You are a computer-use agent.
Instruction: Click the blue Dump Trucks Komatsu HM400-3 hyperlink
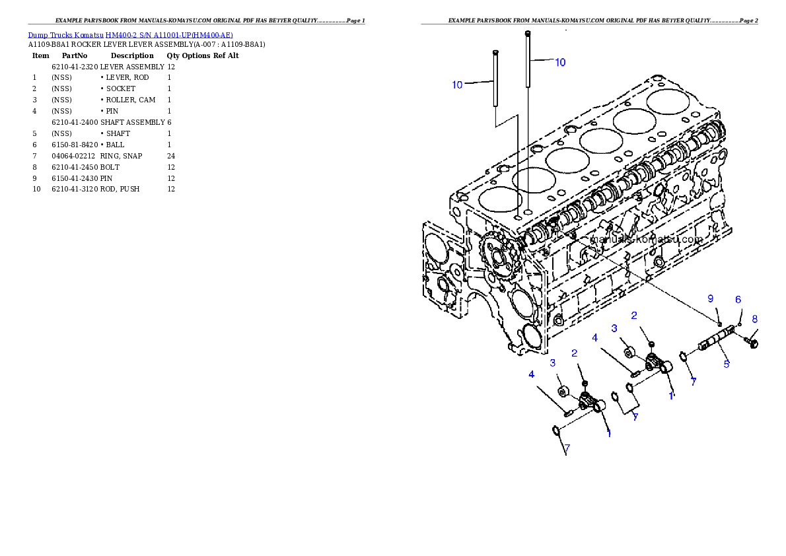[130, 35]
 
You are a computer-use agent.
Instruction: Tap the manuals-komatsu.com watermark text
[647, 240]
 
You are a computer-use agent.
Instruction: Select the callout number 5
[726, 363]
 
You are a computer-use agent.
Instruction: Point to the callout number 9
[711, 298]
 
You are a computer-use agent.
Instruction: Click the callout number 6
[738, 299]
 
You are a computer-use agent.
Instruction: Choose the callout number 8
[755, 319]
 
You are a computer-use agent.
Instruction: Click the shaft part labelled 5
[717, 341]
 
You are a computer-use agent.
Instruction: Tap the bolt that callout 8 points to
[752, 342]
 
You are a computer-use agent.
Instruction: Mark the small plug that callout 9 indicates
[719, 323]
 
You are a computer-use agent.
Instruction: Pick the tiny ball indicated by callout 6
[740, 323]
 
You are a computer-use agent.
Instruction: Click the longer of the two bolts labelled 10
[528, 59]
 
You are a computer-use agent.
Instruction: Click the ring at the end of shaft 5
[685, 357]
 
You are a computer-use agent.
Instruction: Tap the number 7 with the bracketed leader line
[635, 417]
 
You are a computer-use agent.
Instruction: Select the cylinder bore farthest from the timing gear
[668, 101]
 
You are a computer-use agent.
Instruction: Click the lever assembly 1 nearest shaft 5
[657, 363]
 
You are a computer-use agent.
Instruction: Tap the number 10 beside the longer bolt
[559, 62]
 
